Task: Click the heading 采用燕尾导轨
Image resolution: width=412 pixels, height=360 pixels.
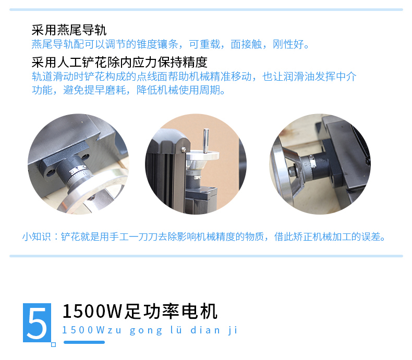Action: click(x=69, y=30)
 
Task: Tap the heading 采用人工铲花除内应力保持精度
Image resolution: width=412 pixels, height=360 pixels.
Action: click(x=119, y=62)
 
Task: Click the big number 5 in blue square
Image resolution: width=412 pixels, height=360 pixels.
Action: click(x=37, y=322)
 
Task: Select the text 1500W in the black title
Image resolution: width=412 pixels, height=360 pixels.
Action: click(x=92, y=312)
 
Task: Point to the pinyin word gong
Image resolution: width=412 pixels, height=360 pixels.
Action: click(x=146, y=330)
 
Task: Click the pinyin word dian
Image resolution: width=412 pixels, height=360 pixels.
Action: click(x=205, y=330)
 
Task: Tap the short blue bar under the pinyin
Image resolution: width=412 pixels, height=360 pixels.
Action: click(x=84, y=342)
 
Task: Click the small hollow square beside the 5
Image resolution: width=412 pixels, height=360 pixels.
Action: click(x=53, y=344)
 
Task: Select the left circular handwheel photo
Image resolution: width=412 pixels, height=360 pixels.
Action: click(x=78, y=164)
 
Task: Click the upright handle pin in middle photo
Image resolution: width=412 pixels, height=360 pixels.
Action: click(x=205, y=140)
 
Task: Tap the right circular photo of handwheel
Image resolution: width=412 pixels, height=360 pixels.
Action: click(x=320, y=164)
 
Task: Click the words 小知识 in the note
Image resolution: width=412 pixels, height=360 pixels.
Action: click(x=37, y=237)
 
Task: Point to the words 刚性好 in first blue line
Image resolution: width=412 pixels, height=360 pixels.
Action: click(x=288, y=44)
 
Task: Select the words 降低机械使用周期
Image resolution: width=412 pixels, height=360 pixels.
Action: click(x=178, y=90)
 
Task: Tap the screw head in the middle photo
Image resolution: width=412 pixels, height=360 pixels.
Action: click(x=184, y=150)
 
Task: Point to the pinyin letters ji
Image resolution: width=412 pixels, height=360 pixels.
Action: click(x=233, y=330)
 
